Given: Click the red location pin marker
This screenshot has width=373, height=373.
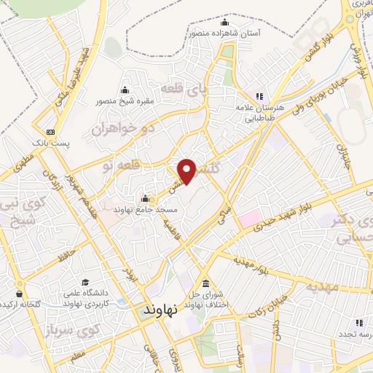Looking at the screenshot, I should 189,171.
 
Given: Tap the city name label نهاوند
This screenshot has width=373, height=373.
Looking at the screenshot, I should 164,308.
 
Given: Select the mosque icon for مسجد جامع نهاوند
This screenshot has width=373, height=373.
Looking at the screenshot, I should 144,199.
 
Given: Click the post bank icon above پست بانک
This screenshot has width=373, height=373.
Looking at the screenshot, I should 50,132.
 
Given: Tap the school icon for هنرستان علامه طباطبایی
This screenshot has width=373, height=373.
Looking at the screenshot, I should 256,96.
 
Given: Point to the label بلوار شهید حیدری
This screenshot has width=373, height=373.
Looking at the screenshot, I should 289,216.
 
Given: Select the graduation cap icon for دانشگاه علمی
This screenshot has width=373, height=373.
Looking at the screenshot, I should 86,283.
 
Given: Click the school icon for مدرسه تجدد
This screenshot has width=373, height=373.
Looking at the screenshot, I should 340,333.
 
